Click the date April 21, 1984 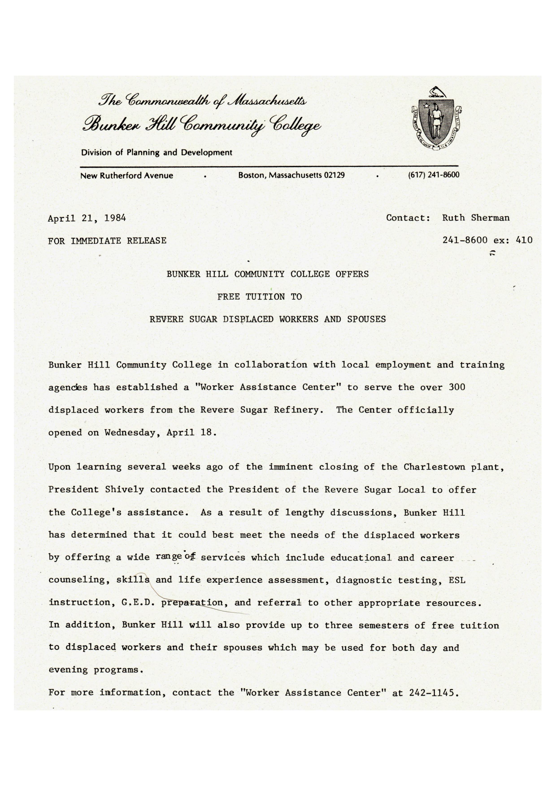point(87,218)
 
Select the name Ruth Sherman point(476,218)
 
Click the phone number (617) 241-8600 point(433,175)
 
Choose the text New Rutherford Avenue point(126,176)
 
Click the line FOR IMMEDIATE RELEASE point(107,241)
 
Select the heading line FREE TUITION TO point(259,297)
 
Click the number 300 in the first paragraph point(457,387)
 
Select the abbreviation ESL point(457,580)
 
